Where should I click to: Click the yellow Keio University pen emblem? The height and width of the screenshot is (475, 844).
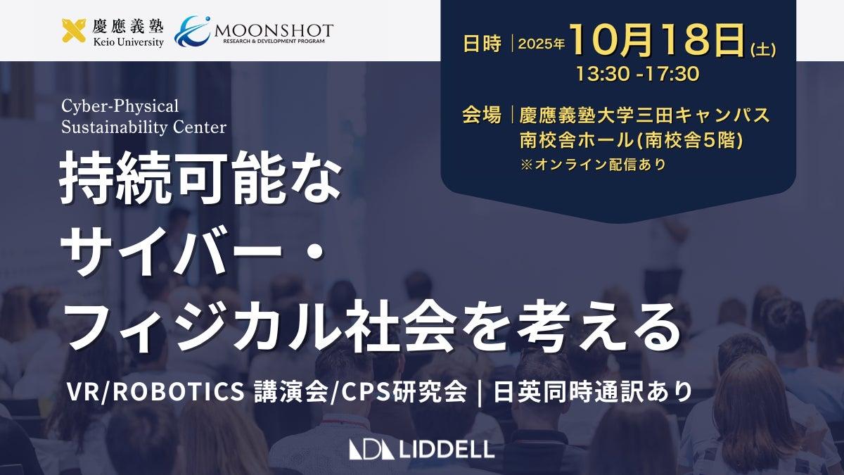(74, 30)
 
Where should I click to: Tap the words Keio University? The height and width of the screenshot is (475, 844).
(128, 42)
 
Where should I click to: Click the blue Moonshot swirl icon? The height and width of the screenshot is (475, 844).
(193, 31)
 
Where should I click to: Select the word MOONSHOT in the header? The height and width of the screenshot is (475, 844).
(274, 30)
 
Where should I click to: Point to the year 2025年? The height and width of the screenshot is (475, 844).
(542, 44)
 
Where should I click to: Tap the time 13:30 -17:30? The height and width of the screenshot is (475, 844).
(638, 73)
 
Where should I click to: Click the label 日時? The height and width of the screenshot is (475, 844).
(482, 44)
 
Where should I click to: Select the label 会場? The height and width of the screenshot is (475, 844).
(482, 115)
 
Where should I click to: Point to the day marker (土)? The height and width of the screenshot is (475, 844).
(763, 50)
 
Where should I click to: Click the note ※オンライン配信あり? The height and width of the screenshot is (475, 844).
(593, 165)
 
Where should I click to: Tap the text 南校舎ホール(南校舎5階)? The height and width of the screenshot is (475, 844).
(632, 141)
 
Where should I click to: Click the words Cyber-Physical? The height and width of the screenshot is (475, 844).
(120, 106)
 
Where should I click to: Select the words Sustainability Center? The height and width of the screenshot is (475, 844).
(143, 127)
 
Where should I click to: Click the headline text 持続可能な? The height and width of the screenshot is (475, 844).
(200, 177)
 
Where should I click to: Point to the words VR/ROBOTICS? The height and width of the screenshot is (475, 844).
(155, 392)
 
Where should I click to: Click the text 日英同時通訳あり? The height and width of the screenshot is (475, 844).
(593, 392)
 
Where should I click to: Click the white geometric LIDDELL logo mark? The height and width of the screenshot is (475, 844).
(371, 450)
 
